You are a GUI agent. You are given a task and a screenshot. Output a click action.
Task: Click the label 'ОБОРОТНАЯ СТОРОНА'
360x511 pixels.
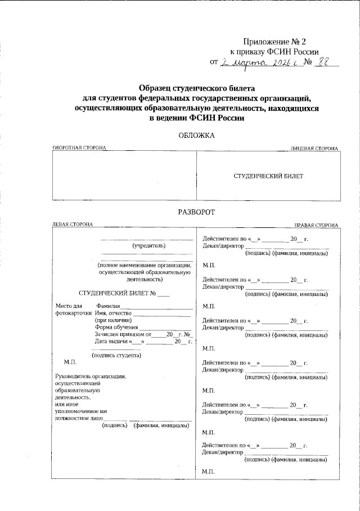[x=79, y=148]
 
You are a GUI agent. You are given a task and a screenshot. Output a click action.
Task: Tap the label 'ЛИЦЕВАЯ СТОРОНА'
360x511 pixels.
[x=314, y=148]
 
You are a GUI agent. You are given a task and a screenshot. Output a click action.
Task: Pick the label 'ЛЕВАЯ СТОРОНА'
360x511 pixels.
[x=72, y=225]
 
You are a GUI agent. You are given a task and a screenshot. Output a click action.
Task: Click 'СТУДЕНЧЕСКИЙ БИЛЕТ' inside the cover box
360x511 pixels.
[x=268, y=176]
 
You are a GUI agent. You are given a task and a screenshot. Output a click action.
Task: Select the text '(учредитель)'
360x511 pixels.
[x=148, y=246]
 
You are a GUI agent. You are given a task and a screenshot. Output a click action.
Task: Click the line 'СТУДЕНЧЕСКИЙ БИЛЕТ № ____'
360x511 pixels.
[x=124, y=293]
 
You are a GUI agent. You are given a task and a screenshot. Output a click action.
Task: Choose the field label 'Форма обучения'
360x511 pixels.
[x=116, y=327]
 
